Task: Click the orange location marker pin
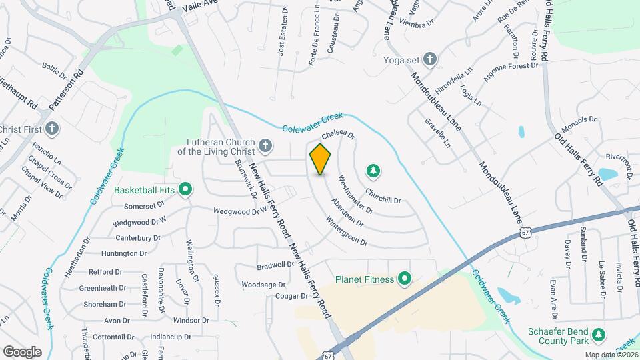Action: pyautogui.click(x=320, y=159)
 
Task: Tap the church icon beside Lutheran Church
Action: pyautogui.click(x=265, y=145)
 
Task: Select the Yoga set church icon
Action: pyautogui.click(x=430, y=59)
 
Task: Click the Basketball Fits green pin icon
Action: pyautogui.click(x=186, y=190)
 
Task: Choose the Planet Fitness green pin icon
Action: pyautogui.click(x=403, y=279)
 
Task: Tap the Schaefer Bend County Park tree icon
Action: pyautogui.click(x=599, y=333)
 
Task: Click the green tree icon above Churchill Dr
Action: pyautogui.click(x=373, y=172)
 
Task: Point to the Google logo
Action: pyautogui.click(x=23, y=351)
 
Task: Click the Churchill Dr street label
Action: pyautogui.click(x=383, y=199)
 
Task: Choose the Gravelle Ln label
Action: pyautogui.click(x=437, y=133)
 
